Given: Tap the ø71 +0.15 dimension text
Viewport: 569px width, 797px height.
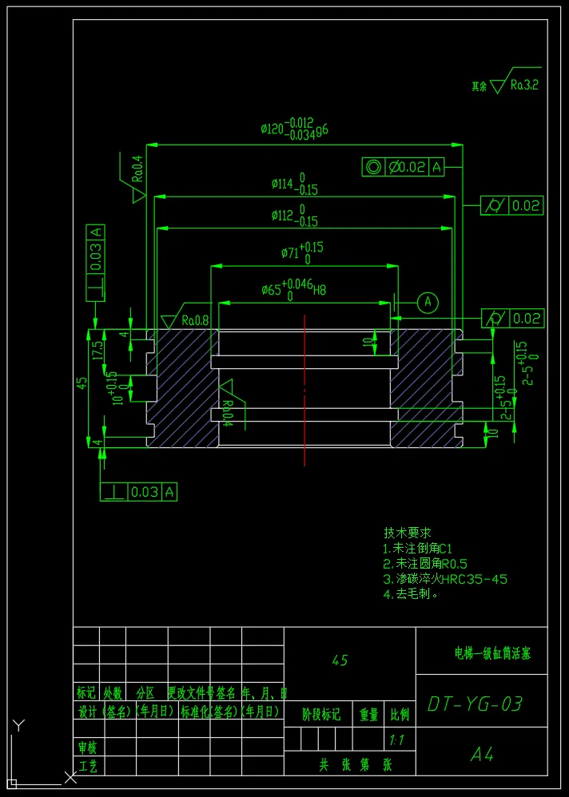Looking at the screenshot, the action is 302,252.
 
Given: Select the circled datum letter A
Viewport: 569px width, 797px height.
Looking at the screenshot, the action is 428,301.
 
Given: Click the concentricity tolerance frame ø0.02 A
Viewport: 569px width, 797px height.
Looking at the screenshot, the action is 404,167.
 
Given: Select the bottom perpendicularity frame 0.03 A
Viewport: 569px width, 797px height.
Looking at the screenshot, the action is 138,492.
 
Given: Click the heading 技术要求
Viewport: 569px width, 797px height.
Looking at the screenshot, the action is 408,533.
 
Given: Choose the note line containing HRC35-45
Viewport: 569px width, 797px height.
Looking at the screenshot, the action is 445,579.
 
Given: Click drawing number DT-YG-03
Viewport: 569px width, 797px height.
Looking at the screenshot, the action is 475,704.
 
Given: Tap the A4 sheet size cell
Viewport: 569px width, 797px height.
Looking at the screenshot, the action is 481,754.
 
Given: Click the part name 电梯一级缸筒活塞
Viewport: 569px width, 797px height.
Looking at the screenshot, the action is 487,652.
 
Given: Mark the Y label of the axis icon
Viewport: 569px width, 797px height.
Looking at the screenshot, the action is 20,725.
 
